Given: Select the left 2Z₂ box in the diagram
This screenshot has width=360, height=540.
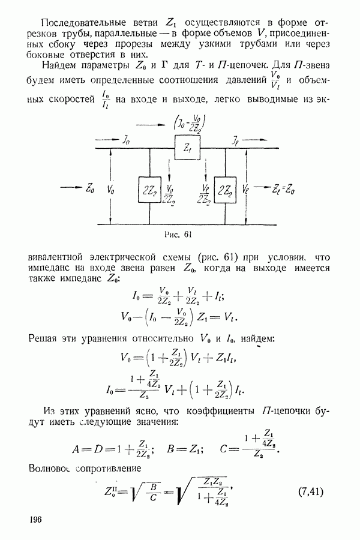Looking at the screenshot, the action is point(149,190).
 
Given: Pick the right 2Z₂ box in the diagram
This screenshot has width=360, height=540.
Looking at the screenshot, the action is point(225,190).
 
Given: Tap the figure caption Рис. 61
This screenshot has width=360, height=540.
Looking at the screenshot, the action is point(178,235).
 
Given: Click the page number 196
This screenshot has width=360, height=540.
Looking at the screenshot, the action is point(36,519).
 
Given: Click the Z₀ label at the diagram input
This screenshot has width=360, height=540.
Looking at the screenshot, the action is point(90,189).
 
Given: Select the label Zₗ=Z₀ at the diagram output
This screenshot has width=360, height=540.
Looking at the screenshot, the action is point(283,189).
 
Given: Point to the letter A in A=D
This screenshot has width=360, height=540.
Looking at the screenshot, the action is point(76,449).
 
